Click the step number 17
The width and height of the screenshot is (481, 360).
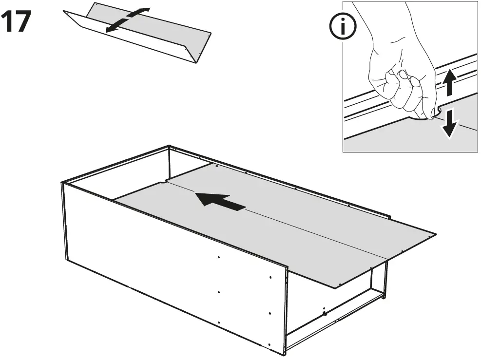point(16,21)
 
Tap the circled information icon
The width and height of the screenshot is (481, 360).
point(343,26)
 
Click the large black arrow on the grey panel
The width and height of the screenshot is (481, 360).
point(221,202)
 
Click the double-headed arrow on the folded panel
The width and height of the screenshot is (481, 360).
point(128,19)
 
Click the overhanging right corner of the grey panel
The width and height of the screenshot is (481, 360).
point(435,234)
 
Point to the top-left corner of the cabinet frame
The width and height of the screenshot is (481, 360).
point(62,183)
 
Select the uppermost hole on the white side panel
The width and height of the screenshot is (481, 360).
point(219,257)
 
